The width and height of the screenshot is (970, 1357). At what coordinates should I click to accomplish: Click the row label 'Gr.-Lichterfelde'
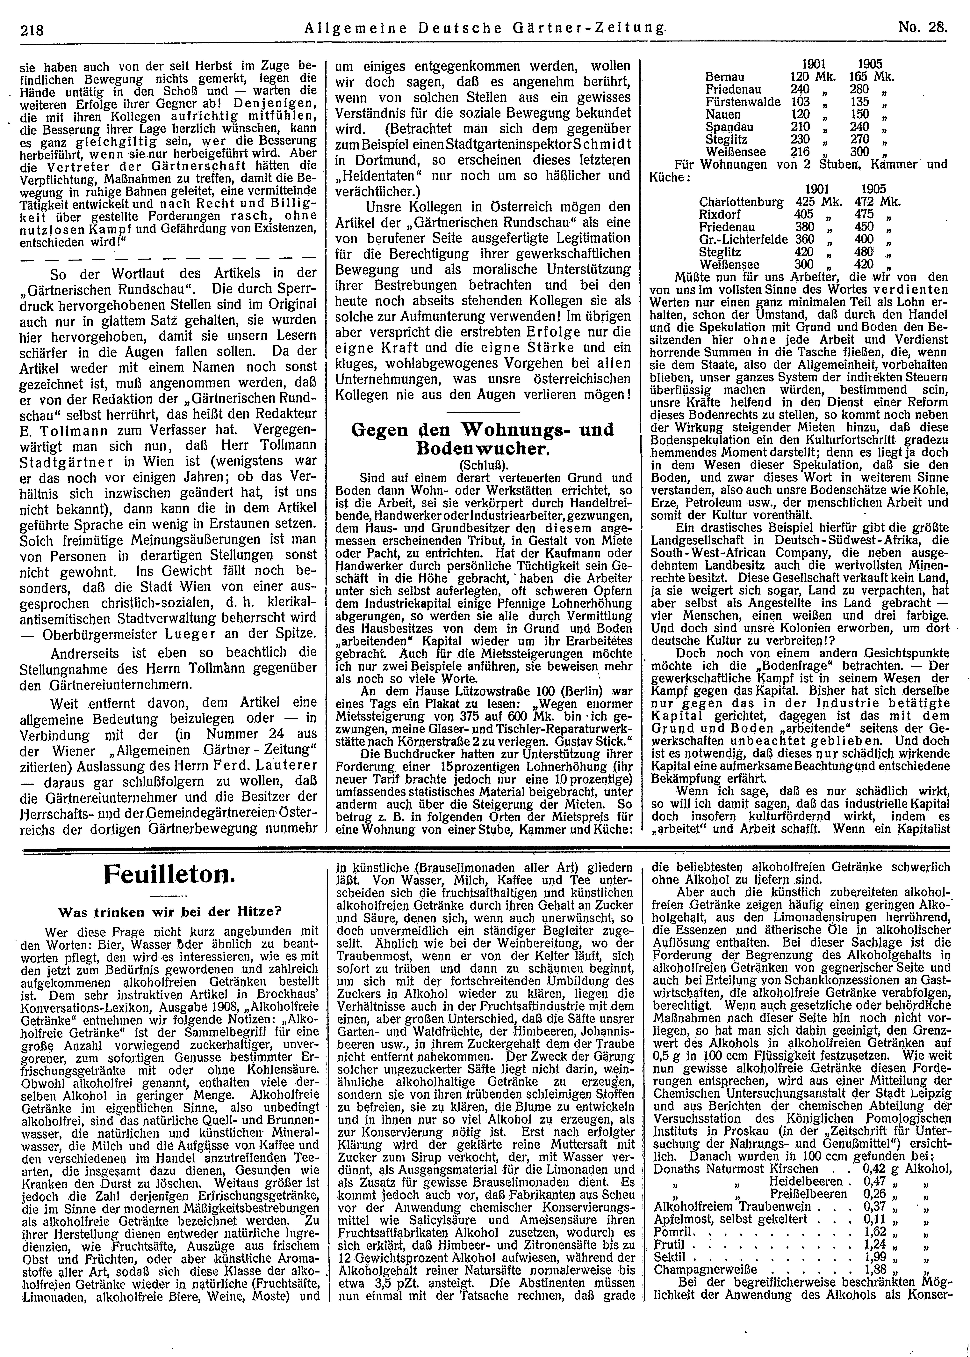point(741,239)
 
